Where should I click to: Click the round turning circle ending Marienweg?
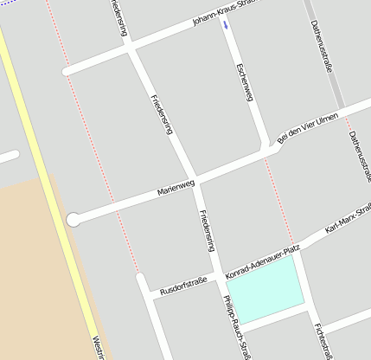click(74, 219)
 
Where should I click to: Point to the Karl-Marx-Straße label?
click(348, 220)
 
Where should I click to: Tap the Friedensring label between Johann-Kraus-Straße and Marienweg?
click(162, 113)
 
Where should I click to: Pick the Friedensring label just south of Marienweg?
click(206, 229)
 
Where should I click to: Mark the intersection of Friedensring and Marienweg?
click(191, 178)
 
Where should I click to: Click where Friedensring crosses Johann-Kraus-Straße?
click(130, 48)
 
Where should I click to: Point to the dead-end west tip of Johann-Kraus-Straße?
click(67, 71)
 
